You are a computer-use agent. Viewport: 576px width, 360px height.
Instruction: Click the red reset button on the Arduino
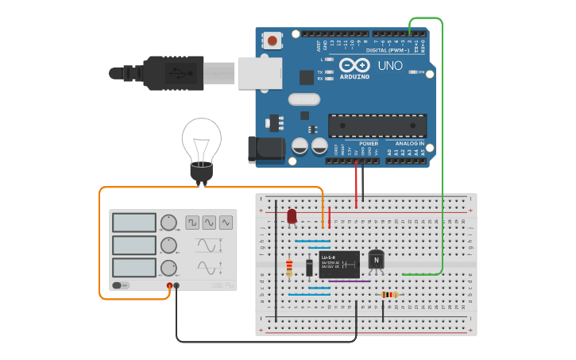coord(273,41)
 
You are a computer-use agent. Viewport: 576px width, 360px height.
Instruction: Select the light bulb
coord(202,147)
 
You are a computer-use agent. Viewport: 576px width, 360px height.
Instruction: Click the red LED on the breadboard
coord(292,216)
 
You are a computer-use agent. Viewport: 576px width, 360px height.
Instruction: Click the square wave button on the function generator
coord(192,223)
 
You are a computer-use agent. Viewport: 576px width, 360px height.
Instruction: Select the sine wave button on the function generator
coord(209,223)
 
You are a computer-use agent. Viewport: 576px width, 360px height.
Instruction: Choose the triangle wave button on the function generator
coord(226,223)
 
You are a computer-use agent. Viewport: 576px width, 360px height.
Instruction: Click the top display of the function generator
coord(133,223)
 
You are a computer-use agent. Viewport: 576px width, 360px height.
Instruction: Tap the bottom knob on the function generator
coord(168,267)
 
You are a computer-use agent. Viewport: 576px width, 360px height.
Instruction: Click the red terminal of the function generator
coord(169,285)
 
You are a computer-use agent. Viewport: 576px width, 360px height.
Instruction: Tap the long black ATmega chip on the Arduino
coord(377,126)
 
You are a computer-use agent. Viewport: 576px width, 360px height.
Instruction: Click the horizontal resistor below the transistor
coord(389,295)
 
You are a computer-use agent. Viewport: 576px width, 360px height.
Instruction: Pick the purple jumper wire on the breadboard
coord(350,281)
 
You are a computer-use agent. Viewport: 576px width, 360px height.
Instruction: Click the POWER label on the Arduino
coord(369,144)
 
